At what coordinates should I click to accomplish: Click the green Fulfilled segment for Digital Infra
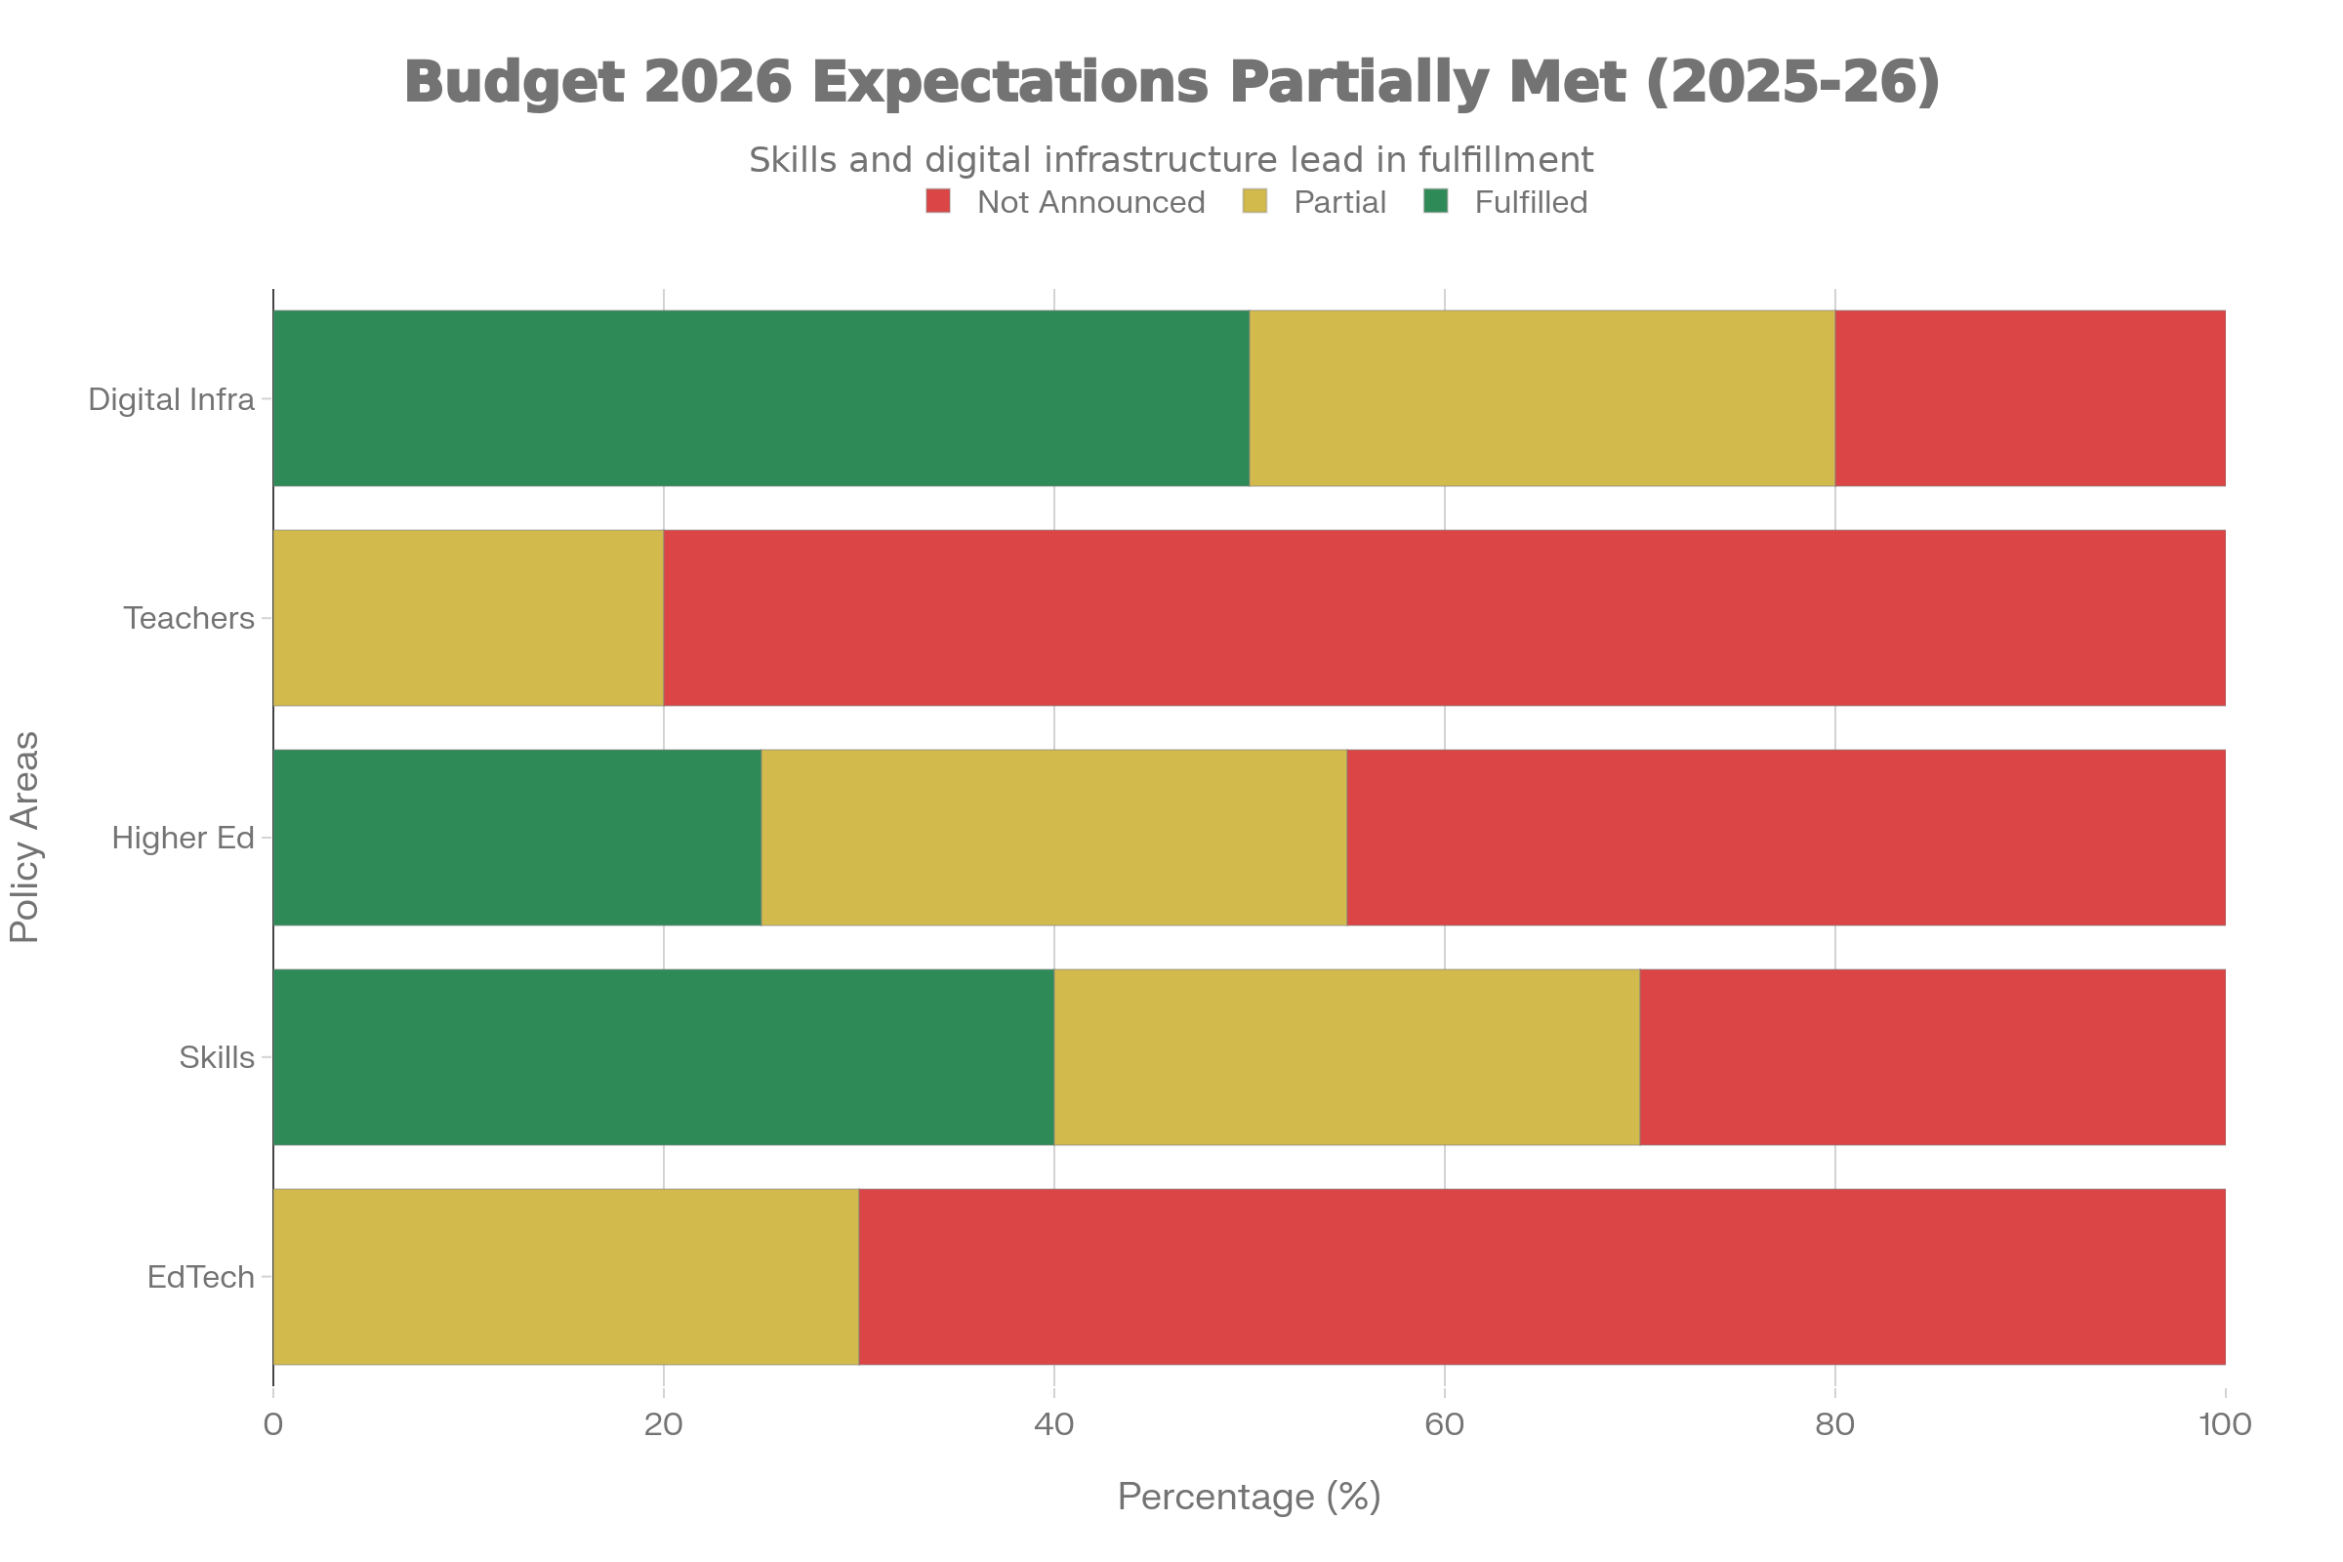pos(761,398)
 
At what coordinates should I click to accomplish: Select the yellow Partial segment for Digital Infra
pos(1541,398)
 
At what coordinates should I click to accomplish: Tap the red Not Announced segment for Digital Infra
pos(2030,398)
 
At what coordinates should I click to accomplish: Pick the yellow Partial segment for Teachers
pos(469,618)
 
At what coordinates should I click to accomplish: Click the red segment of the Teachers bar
pos(1444,618)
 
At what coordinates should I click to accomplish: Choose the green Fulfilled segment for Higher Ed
pos(517,837)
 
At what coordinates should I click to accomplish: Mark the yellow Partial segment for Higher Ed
pos(1054,837)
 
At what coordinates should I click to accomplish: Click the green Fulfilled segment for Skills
pos(664,1057)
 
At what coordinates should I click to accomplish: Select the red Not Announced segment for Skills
pos(1932,1057)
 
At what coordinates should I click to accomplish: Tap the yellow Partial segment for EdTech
pos(566,1276)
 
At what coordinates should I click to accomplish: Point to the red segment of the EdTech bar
pos(1541,1276)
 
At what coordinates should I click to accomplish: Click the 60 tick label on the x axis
pos(1444,1424)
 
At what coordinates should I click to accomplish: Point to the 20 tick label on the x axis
pos(664,1424)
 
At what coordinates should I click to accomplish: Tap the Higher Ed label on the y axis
pos(184,838)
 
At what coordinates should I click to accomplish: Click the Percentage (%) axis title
pos(1250,1497)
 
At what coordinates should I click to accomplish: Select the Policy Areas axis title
pos(25,837)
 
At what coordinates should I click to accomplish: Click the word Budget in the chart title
pos(514,82)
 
